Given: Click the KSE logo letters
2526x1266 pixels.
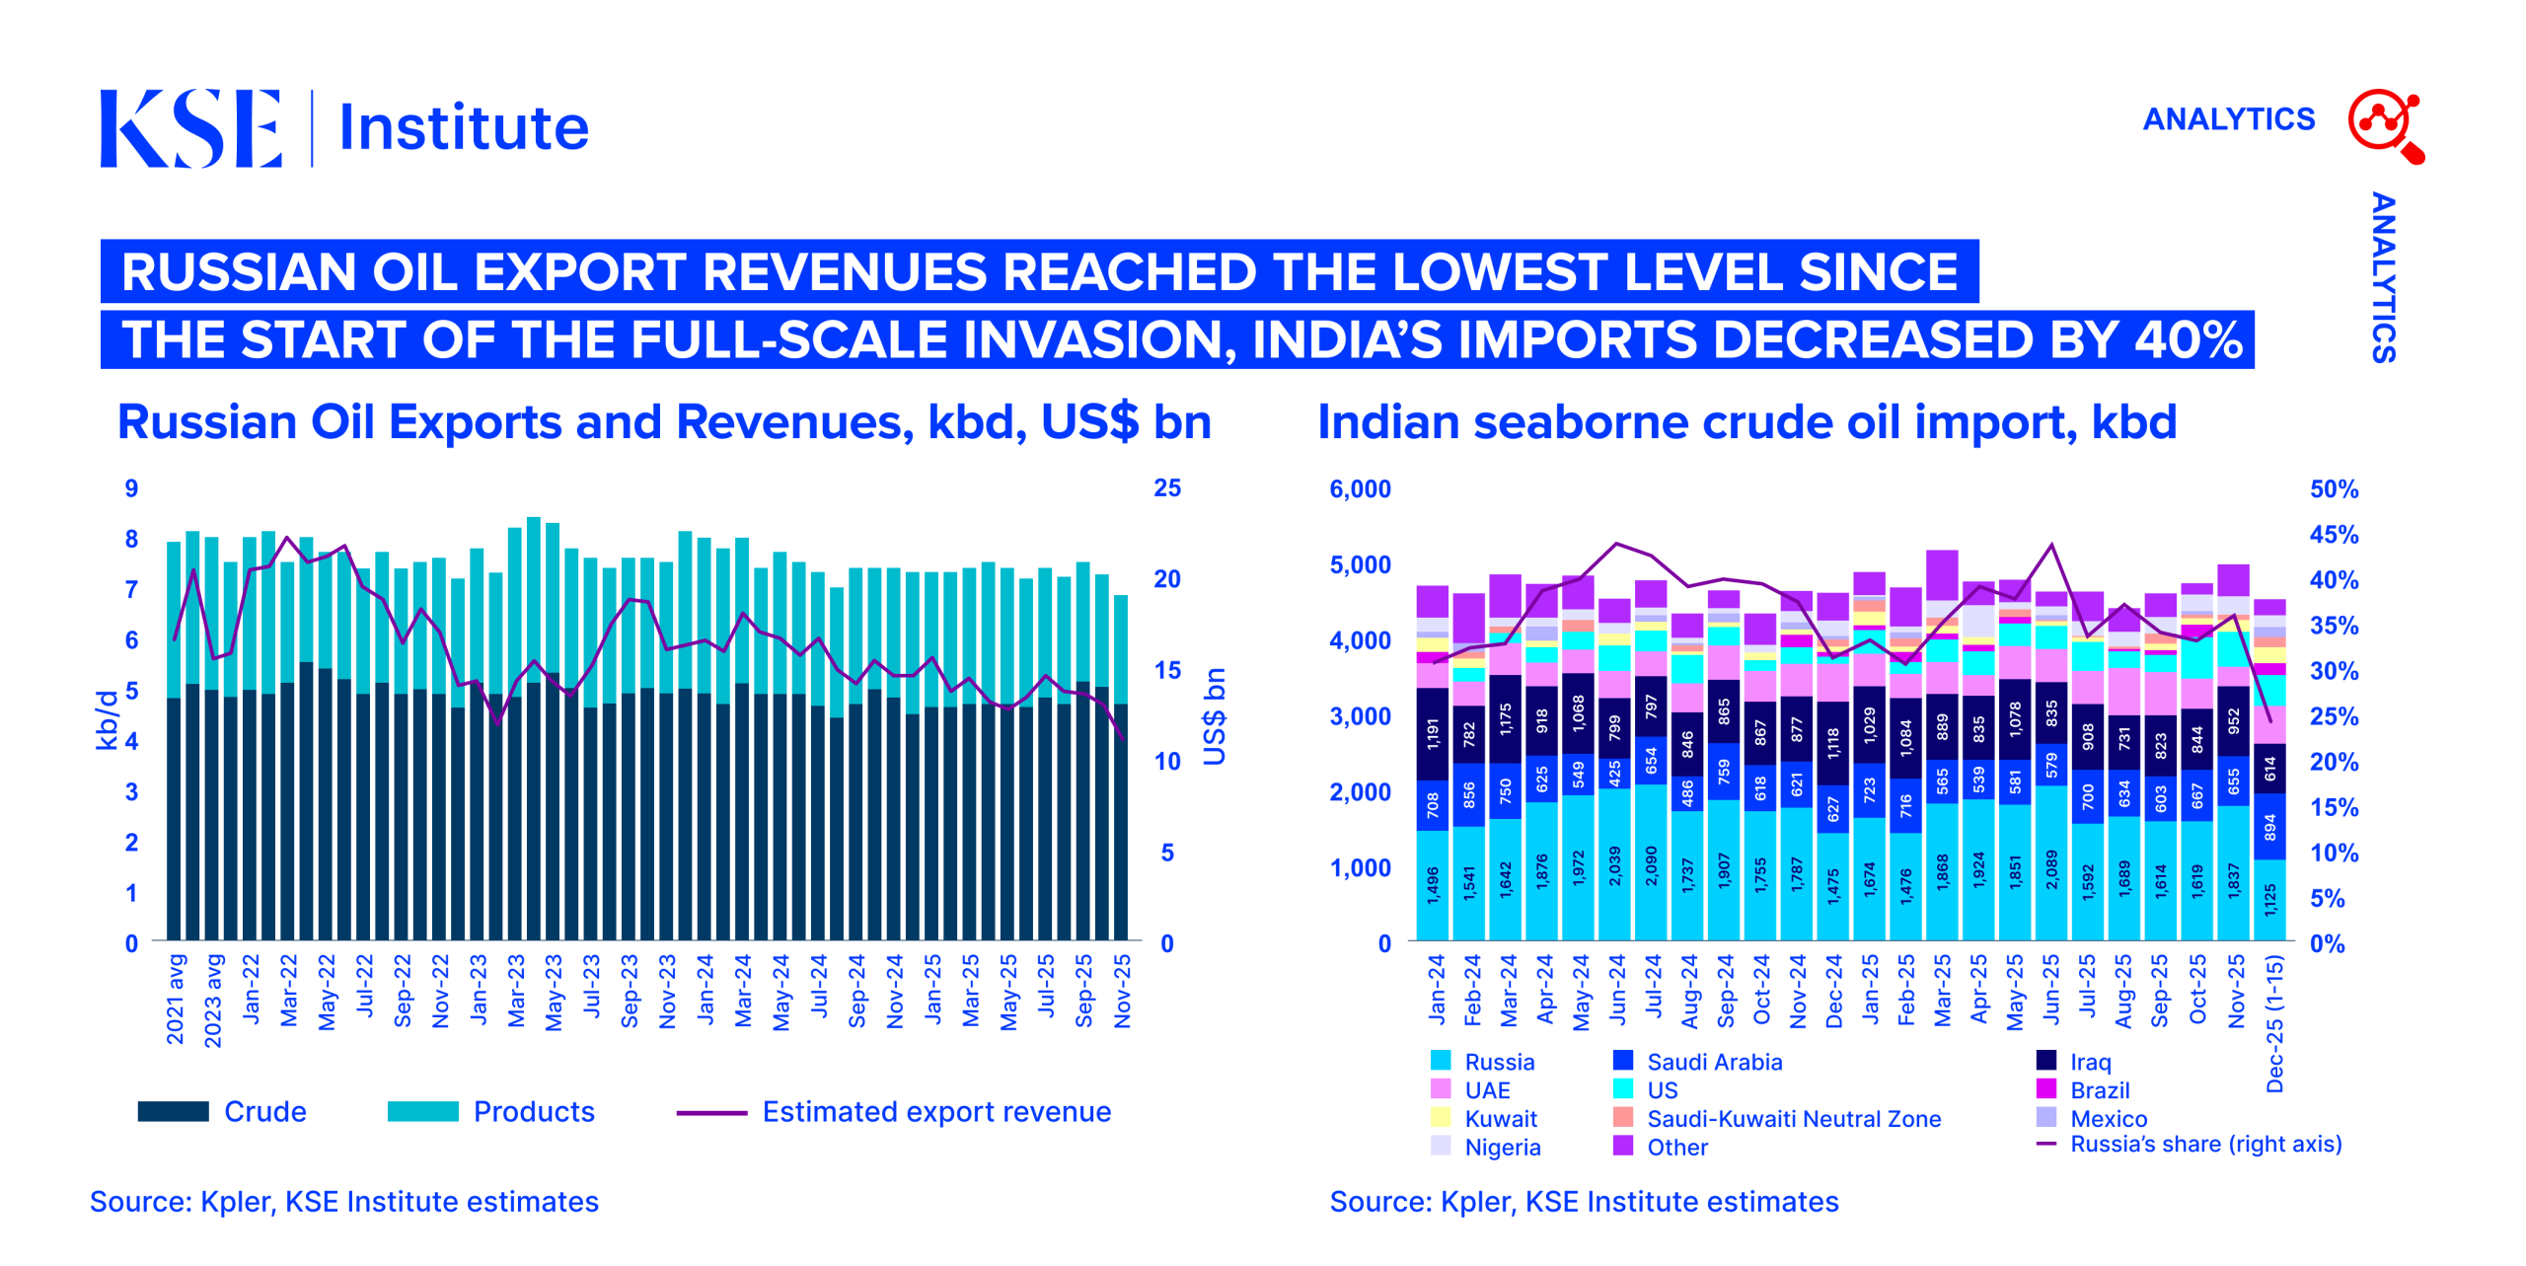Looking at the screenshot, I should [x=190, y=128].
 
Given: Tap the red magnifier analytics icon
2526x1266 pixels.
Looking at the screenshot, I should [x=2384, y=124].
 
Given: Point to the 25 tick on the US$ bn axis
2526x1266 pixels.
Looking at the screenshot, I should [x=1167, y=488].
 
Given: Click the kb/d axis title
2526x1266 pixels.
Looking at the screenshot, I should [x=107, y=720].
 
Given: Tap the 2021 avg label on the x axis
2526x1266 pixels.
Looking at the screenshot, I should [x=176, y=999].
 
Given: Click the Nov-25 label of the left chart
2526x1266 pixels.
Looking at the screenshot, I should [x=1122, y=992].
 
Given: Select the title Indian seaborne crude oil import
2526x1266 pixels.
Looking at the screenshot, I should [x=1746, y=422].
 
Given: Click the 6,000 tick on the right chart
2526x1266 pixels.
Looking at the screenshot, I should [x=1360, y=489].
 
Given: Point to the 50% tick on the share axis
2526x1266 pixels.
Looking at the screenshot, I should [x=2334, y=489].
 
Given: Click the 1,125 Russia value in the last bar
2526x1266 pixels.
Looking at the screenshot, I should [x=2270, y=900].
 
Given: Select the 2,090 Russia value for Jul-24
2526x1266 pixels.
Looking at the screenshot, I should [x=1651, y=865].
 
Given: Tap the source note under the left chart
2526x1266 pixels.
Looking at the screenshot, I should [x=344, y=1202].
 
